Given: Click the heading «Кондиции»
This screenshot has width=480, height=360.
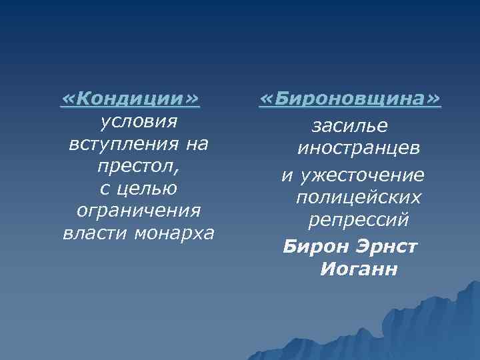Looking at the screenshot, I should (x=130, y=99).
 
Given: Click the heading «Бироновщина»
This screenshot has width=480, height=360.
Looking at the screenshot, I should (x=350, y=99).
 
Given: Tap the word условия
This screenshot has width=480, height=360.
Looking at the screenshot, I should (x=138, y=121).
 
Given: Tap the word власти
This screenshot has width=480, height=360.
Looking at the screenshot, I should (x=91, y=233).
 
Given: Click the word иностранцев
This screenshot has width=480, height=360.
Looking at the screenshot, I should (x=359, y=148).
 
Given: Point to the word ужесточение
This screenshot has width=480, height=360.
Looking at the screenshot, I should (x=361, y=175).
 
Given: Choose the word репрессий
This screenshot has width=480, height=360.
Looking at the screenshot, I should (x=359, y=219).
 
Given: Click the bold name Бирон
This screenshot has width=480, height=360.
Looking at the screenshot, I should (x=313, y=247).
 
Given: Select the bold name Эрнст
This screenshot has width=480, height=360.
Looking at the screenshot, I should (x=388, y=247).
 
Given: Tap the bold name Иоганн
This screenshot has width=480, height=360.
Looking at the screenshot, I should (x=359, y=269).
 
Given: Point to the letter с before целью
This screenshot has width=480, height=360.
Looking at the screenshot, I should (x=105, y=189).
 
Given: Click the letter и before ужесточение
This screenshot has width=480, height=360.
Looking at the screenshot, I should (x=286, y=175).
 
